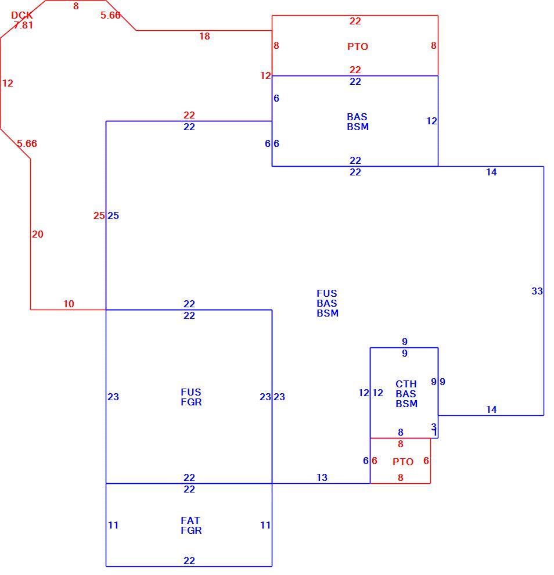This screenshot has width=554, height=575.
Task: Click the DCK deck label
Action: (22, 16)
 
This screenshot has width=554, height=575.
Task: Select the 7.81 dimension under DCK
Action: (23, 26)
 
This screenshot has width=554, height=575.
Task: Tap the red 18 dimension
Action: (204, 37)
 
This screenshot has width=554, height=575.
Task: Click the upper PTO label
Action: (358, 46)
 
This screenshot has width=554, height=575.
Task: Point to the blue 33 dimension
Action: (537, 291)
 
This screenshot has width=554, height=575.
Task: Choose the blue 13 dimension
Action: (322, 477)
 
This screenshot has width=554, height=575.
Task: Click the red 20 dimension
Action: (37, 234)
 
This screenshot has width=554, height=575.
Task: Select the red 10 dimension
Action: (69, 304)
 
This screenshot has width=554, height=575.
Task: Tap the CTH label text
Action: (406, 384)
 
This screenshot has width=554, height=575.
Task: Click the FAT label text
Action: (190, 520)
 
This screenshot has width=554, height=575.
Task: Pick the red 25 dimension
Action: (99, 215)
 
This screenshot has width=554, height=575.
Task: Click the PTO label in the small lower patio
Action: (403, 462)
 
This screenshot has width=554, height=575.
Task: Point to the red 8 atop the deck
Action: (76, 6)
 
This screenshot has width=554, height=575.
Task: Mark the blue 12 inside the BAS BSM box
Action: (431, 121)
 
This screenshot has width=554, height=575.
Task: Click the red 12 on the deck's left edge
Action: (8, 83)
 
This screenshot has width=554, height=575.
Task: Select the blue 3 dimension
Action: (434, 426)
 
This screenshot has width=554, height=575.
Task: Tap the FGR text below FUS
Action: (191, 402)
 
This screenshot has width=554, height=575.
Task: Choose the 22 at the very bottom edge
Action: (189, 560)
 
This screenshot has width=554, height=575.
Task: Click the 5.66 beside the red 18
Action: (110, 16)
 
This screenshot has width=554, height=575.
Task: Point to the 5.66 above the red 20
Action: (27, 144)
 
